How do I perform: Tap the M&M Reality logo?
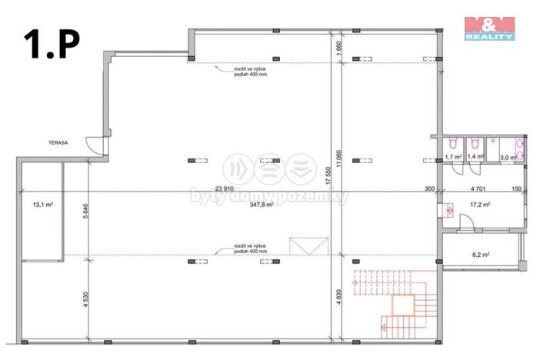click(490, 27)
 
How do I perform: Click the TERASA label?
click(57, 142)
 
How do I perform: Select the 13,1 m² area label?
click(42, 205)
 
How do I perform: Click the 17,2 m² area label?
click(480, 205)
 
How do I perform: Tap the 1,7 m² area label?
click(452, 157)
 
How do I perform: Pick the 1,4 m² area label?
click(476, 157)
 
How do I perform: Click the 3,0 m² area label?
click(508, 157)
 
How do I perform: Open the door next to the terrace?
click(94, 145)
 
